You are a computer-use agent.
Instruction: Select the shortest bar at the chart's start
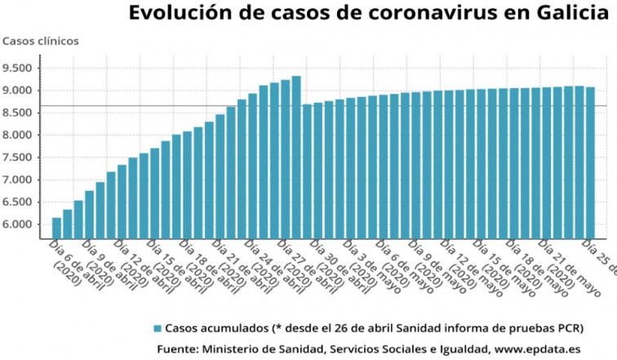click(56, 228)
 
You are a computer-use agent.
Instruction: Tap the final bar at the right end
click(590, 162)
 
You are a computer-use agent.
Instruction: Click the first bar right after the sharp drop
click(307, 171)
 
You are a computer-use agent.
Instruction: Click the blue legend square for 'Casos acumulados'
click(157, 328)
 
